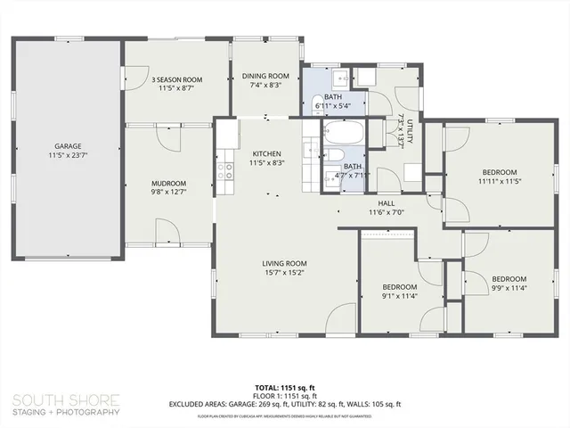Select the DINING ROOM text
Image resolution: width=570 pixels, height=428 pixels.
(x=265, y=76)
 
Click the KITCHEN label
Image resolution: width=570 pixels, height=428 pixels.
(x=266, y=153)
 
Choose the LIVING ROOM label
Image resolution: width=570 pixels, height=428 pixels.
(x=284, y=263)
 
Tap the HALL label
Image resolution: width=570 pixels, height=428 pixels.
(x=387, y=202)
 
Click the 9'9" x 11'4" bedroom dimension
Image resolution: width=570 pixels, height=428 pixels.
(x=509, y=288)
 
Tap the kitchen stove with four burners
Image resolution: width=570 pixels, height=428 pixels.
(x=224, y=169)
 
